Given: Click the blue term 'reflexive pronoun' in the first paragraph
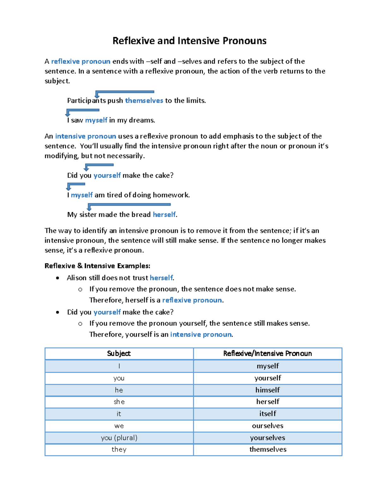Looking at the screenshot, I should (81, 61).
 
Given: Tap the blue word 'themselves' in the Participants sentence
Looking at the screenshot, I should (144, 101).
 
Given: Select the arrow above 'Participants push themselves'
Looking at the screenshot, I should (124, 92).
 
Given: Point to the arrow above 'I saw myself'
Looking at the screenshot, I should (83, 110).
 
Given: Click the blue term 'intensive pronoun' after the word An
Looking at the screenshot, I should (86, 136).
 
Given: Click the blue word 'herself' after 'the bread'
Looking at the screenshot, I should (164, 215).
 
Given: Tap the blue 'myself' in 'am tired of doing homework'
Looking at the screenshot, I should (81, 195).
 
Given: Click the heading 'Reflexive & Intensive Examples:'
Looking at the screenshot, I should (97, 266).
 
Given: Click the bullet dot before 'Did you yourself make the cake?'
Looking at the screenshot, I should (57, 312).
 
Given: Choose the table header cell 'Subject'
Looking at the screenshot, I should (119, 353).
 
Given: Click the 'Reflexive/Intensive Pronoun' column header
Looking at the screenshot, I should (268, 353).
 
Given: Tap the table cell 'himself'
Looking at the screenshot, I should (268, 390).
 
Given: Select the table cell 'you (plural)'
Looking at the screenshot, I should (119, 438).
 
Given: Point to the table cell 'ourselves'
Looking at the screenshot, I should (268, 426).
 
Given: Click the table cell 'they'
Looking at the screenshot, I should (119, 449).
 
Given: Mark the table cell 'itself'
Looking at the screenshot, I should (268, 414).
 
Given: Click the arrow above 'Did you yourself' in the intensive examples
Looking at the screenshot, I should (99, 165).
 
